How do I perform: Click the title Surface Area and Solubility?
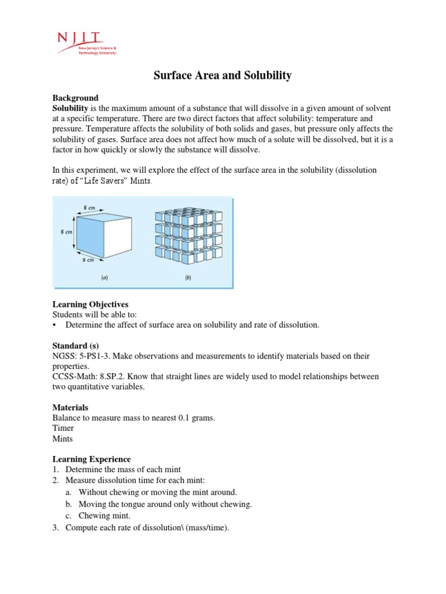coord(222,75)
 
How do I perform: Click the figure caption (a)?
coord(105,278)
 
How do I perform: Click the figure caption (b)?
coord(188,278)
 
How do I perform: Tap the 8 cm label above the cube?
coord(89,207)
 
